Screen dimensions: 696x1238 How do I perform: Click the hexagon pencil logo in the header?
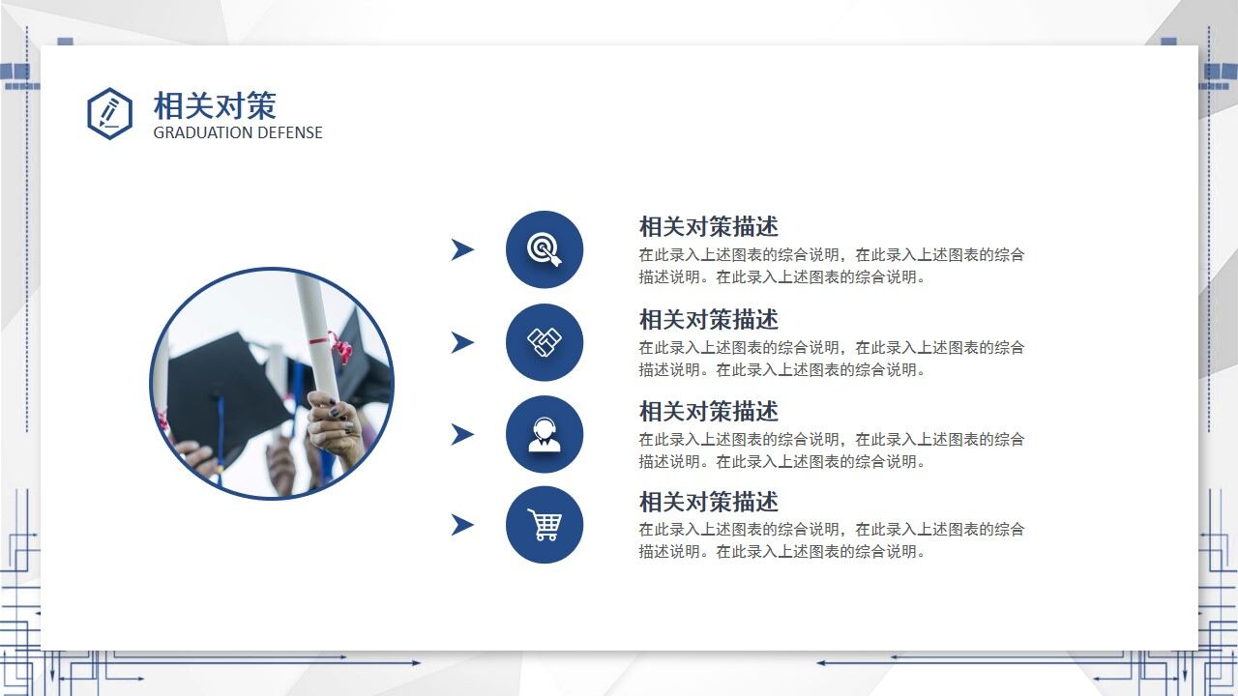pos(109,113)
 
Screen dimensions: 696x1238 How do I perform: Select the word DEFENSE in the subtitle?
pos(288,132)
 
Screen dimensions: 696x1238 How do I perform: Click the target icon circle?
pos(545,249)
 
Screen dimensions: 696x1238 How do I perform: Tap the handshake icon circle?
pos(545,342)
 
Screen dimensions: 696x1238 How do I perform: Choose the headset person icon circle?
pos(545,434)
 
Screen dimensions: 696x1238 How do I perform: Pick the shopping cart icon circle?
pos(545,525)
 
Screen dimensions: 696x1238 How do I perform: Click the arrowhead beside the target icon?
pos(462,249)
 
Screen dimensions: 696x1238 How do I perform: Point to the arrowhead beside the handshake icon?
pos(462,342)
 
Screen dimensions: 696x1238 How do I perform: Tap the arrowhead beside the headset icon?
pos(462,434)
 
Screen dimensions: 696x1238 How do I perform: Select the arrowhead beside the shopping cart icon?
pos(462,525)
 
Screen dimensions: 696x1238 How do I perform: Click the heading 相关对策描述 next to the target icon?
pos(708,227)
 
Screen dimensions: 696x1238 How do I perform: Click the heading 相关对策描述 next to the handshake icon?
pos(708,319)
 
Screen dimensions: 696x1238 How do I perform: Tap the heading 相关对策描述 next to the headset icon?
pos(708,411)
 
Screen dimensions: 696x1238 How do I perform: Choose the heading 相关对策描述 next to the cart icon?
pos(708,502)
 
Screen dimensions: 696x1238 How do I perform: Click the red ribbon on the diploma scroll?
pos(339,345)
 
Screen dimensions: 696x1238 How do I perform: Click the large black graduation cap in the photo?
pos(227,387)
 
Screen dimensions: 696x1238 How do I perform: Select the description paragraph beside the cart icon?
pos(831,540)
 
